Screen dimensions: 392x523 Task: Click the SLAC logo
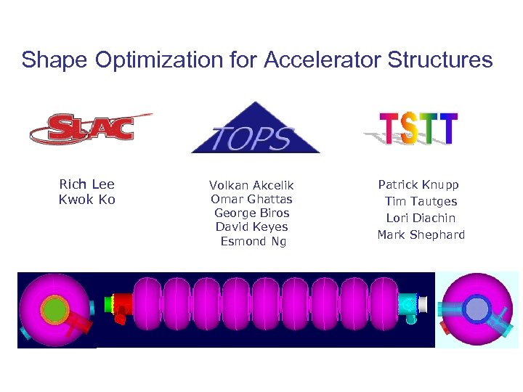click(x=91, y=128)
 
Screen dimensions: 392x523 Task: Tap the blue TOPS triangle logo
click(x=255, y=131)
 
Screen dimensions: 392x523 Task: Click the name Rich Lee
click(x=86, y=184)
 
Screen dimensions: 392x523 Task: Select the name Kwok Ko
click(x=86, y=199)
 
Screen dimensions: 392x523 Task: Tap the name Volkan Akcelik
click(x=251, y=186)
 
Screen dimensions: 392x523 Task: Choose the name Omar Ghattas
click(x=251, y=199)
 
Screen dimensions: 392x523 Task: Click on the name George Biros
click(x=251, y=213)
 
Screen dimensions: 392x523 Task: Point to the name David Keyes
click(x=251, y=226)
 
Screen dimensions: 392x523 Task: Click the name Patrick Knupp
click(x=418, y=185)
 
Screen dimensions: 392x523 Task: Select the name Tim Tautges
click(x=421, y=201)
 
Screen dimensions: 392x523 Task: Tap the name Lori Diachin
click(x=421, y=218)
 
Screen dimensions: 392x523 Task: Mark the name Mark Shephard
click(x=421, y=234)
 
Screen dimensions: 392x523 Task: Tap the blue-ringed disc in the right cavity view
click(x=477, y=309)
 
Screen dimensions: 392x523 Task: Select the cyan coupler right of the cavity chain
click(x=409, y=304)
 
